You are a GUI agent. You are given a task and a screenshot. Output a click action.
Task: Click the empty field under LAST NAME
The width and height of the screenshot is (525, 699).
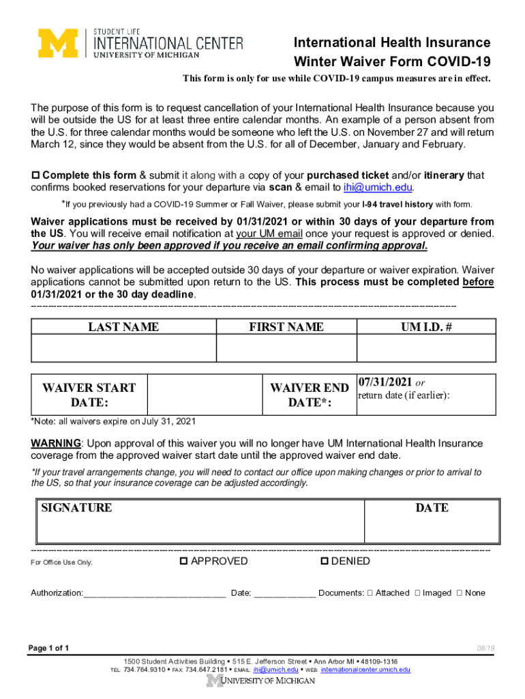click(x=123, y=348)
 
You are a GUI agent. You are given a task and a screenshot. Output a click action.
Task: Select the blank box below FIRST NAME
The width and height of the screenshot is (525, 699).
click(x=286, y=348)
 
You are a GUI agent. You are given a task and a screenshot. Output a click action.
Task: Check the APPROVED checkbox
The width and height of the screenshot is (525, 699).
click(x=183, y=562)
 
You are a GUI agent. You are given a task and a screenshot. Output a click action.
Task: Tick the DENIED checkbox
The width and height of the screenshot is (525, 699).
click(x=324, y=562)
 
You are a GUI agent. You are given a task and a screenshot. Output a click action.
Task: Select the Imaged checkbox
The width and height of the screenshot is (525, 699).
click(x=417, y=593)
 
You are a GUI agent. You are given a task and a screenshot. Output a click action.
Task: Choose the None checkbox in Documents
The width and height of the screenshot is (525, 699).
click(x=459, y=593)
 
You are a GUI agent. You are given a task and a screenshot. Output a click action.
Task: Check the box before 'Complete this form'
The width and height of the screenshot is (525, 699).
click(x=36, y=175)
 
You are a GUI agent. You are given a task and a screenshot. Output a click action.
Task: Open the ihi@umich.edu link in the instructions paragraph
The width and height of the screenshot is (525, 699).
click(x=378, y=188)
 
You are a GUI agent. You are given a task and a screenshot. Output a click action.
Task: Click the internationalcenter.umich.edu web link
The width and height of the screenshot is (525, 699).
click(x=365, y=670)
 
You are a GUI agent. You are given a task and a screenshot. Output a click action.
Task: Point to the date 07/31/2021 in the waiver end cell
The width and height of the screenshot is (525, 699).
click(x=385, y=382)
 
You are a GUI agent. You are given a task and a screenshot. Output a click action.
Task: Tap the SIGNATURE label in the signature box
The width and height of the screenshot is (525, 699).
click(x=76, y=508)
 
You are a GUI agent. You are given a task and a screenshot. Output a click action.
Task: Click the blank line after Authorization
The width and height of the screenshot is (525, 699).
click(x=155, y=593)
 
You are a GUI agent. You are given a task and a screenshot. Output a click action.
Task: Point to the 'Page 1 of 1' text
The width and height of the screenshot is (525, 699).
click(x=48, y=648)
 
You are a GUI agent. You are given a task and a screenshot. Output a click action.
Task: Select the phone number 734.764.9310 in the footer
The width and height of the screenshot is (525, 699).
click(x=145, y=670)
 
